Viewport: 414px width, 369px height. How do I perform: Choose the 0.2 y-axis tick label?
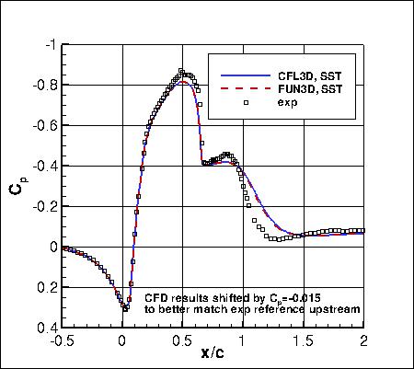[x=47, y=287]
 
